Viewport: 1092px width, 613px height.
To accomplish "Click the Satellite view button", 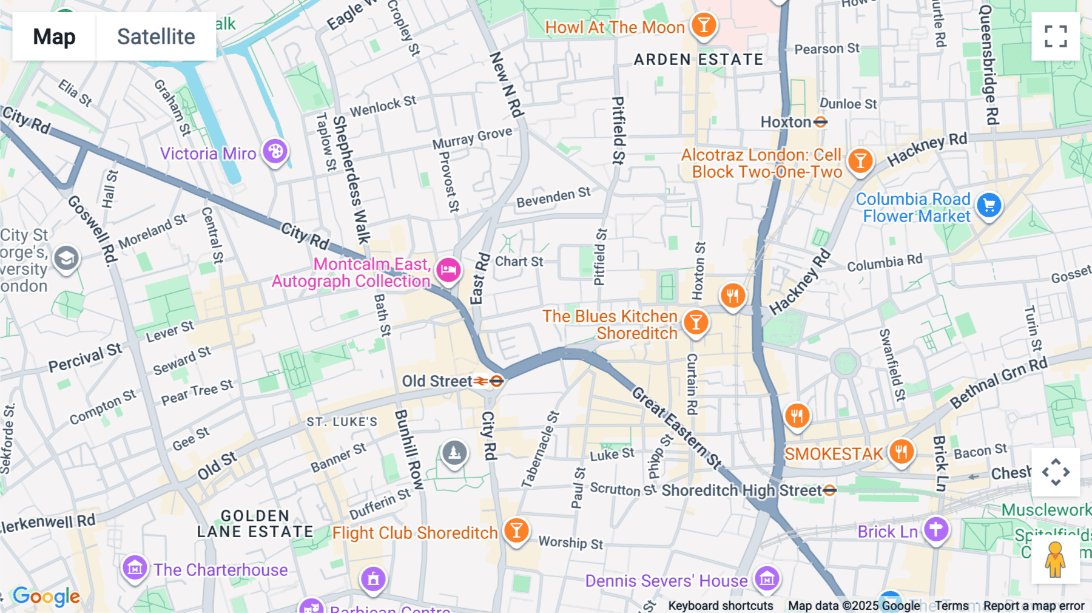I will click(156, 36).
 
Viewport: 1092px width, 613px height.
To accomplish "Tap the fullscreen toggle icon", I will click(1056, 36).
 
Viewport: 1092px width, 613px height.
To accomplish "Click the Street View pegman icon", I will click(1055, 560).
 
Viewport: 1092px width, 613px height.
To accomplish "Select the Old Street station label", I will click(437, 381).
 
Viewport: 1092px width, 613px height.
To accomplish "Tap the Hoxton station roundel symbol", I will click(820, 122).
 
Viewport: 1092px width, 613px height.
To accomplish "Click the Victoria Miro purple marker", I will click(275, 151).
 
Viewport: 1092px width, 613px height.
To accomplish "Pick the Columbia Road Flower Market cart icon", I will click(989, 206).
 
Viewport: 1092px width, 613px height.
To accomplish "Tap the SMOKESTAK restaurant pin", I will click(902, 452).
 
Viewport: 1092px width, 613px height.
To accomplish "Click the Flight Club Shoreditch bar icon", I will click(516, 530).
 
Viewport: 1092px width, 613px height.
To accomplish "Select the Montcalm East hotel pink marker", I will click(448, 269).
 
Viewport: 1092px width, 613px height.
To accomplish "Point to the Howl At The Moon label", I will click(615, 27).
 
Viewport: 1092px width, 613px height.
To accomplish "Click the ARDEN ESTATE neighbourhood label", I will click(698, 59).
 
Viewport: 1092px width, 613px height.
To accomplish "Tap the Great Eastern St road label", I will click(677, 428).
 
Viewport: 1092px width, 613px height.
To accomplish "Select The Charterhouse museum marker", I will click(134, 568).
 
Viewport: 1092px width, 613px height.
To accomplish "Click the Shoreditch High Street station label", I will click(741, 490).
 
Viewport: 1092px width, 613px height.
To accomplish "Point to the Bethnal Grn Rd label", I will click(999, 383).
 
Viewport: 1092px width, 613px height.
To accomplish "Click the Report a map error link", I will click(1034, 606).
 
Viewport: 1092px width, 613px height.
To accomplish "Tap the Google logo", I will click(47, 597).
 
